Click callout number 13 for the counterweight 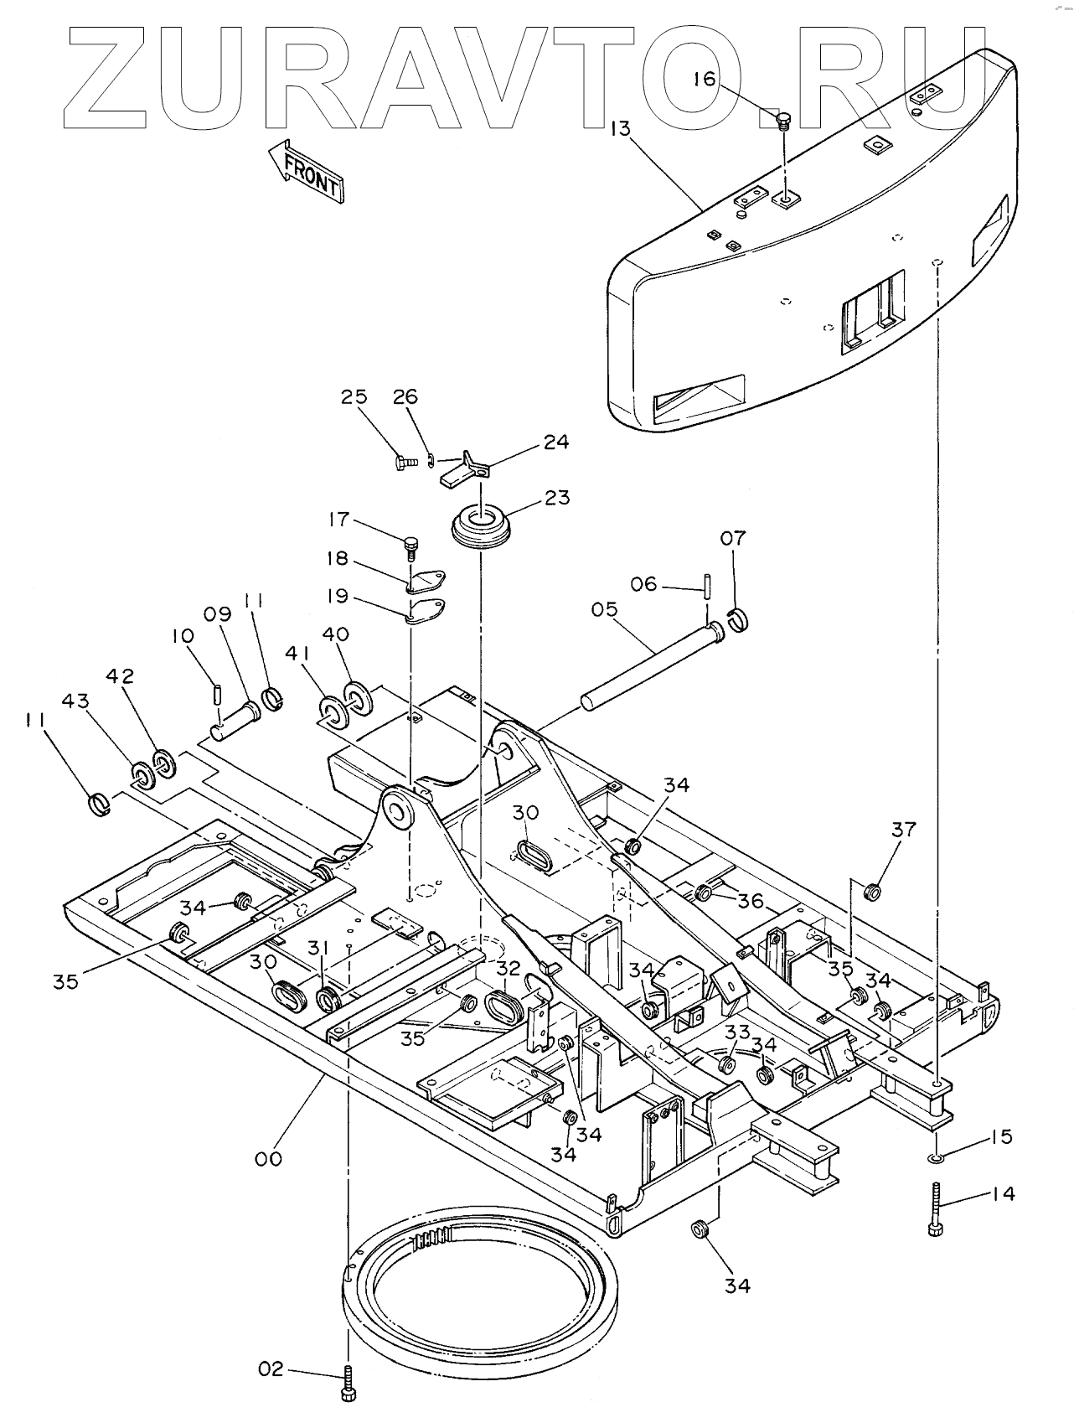click(x=621, y=128)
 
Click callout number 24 click(x=555, y=442)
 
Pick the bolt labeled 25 click(x=405, y=461)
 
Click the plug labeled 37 click(x=872, y=891)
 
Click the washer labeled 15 click(x=935, y=1157)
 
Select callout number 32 click(x=508, y=967)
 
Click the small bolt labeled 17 click(x=410, y=546)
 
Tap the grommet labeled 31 click(x=328, y=998)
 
